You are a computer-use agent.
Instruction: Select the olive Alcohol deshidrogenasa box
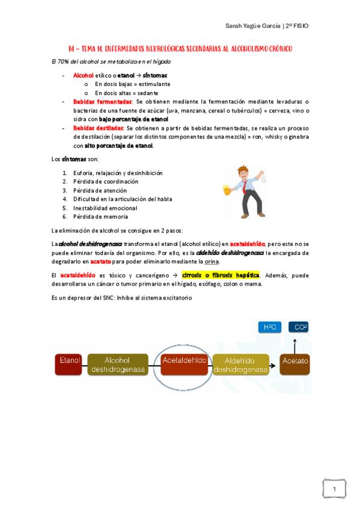pos(118,364)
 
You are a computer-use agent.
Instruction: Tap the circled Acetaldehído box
pos(184,360)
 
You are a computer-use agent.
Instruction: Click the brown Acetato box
pos(294,361)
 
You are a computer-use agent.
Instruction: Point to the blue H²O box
pos(269,327)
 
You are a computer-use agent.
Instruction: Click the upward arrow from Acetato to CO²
pos(295,343)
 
